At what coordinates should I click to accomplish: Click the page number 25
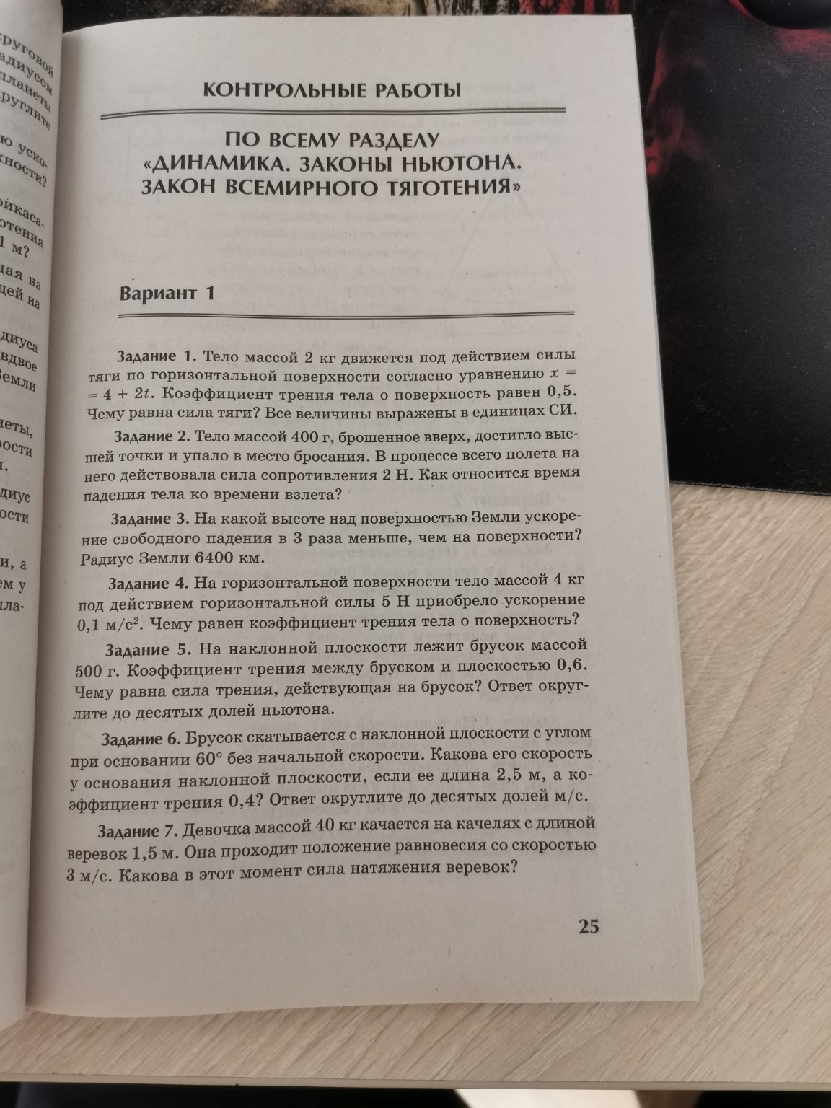(589, 928)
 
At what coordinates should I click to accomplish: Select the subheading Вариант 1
(167, 293)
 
